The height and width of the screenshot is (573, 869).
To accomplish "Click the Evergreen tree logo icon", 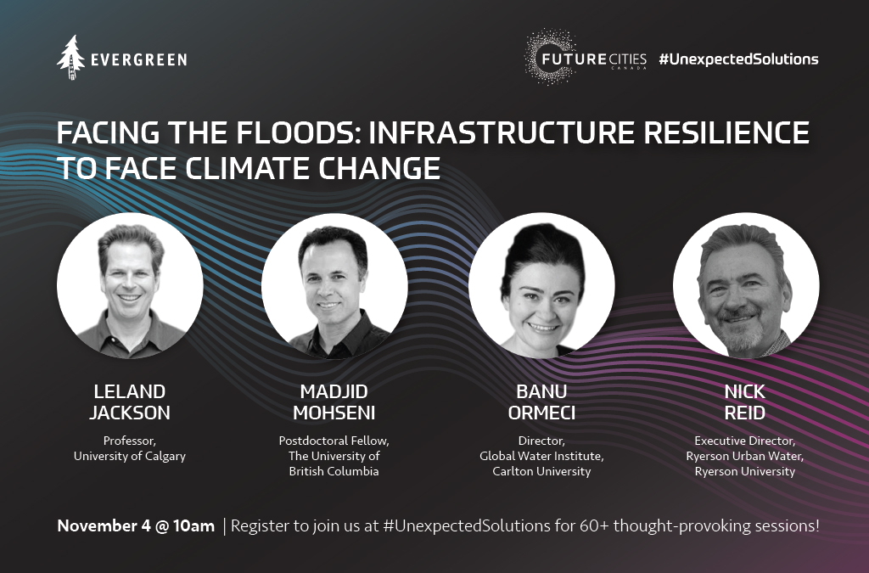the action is [70, 58].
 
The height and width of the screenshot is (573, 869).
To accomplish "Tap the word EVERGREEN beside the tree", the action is [138, 59].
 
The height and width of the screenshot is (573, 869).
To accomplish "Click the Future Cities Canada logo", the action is [586, 57].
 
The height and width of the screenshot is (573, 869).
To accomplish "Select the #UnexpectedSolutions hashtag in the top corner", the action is [738, 59].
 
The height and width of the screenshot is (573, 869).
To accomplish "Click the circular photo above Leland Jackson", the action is [130, 285].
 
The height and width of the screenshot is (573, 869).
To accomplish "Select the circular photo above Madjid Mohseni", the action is [334, 285].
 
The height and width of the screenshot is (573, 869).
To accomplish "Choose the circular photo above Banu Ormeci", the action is [541, 285].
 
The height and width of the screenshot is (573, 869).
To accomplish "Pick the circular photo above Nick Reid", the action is [746, 285].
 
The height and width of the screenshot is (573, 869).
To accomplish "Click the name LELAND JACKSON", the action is [130, 402].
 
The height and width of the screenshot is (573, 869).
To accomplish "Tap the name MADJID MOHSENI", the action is [334, 402].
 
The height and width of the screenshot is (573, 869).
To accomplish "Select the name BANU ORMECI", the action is [541, 402].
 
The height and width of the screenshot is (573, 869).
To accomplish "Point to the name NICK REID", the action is [745, 402].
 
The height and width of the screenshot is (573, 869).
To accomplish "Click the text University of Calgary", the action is [130, 457].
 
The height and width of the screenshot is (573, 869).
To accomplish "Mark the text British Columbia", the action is [334, 472].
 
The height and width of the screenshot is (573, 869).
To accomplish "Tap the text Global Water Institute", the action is [541, 457].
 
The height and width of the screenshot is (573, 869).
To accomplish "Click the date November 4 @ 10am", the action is [136, 526].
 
